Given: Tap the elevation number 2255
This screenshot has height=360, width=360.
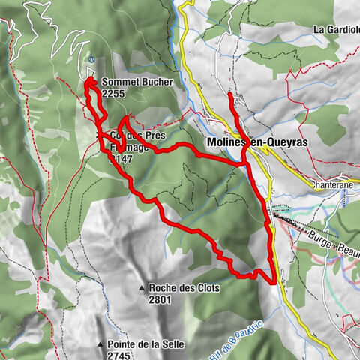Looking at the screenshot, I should (x=113, y=94).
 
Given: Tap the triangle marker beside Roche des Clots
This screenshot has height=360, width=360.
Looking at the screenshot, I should (x=141, y=288).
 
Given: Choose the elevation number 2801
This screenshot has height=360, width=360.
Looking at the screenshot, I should (x=160, y=299).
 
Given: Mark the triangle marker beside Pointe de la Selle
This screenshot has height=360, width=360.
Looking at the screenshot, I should (x=100, y=345).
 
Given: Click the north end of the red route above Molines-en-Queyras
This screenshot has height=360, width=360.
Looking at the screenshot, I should (x=229, y=94).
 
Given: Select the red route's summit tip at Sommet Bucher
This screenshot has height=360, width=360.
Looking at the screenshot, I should (x=88, y=79).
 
